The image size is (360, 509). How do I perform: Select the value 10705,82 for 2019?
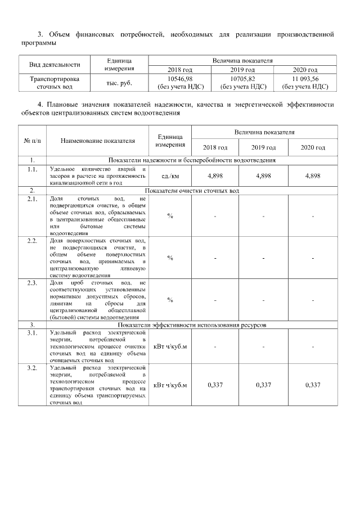243,79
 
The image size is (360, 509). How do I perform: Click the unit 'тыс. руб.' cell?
119,83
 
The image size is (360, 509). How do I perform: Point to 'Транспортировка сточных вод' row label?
55,83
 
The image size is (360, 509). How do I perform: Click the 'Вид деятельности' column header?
55,64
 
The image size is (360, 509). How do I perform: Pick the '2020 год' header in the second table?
313,147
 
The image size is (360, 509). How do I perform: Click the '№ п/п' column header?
31,141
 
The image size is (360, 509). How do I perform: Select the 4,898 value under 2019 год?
264,175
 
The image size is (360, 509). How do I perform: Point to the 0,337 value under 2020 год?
313,385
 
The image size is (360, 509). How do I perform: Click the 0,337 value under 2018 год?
215,385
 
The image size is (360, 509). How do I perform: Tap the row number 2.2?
32,241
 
